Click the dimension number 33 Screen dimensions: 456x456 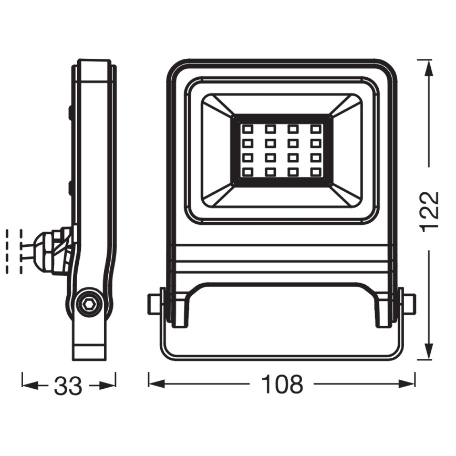68,386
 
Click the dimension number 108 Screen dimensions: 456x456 282,385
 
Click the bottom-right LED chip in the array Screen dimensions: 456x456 315,171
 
